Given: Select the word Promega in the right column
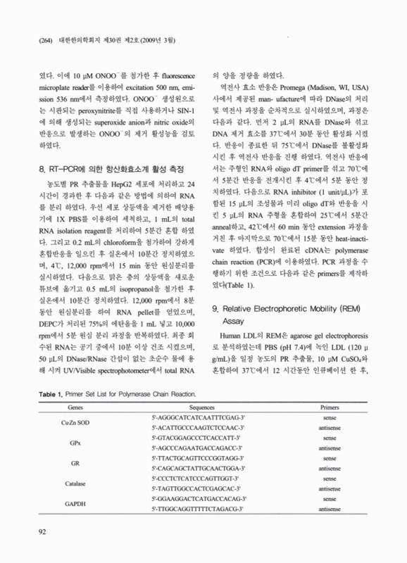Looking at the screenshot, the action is tap(299, 87).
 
